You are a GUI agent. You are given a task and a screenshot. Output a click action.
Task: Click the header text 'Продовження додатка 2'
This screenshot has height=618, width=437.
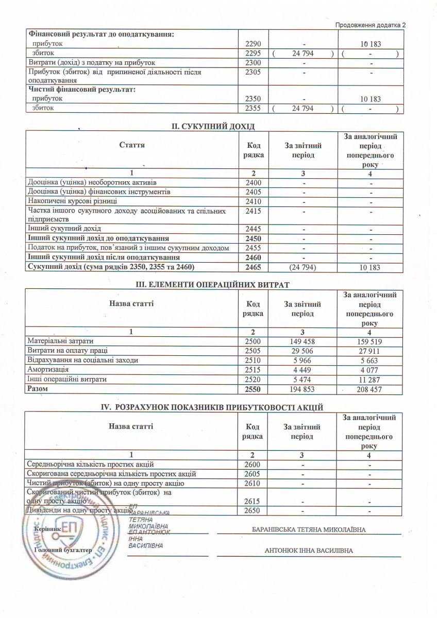point(371,25)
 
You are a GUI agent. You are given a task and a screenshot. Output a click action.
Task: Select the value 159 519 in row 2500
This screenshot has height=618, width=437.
point(369,341)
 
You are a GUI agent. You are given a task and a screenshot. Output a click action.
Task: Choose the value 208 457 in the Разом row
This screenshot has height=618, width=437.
point(369,389)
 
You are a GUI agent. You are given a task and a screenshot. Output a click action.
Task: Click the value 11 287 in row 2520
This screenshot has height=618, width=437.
point(369,380)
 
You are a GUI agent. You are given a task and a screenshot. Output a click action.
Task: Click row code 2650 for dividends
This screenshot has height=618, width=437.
point(252,510)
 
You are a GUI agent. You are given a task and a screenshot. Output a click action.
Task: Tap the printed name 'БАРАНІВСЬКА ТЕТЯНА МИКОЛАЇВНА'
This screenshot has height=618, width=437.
point(309,529)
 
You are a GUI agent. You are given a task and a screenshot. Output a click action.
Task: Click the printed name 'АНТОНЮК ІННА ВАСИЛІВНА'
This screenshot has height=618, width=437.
point(309,551)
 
